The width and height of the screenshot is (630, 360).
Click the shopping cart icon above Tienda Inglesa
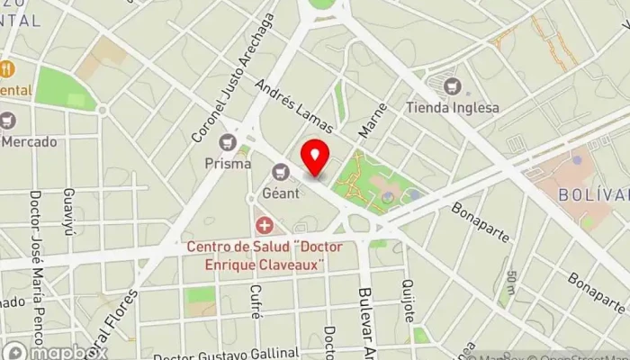[x=452, y=86]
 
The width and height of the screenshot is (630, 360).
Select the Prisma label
[x=228, y=164]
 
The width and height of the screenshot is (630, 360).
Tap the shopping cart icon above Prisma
[x=228, y=142]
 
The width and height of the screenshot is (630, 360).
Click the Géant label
[x=279, y=192]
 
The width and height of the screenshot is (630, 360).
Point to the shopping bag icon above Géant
[x=279, y=171]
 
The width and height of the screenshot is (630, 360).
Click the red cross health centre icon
[x=264, y=224]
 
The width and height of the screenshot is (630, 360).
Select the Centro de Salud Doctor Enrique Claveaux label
[x=255, y=252]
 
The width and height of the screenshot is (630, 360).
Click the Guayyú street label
[x=68, y=212]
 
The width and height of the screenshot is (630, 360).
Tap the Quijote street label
[x=409, y=301]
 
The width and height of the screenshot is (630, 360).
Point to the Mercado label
[x=29, y=141]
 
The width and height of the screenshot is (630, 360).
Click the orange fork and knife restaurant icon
[x=7, y=68]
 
